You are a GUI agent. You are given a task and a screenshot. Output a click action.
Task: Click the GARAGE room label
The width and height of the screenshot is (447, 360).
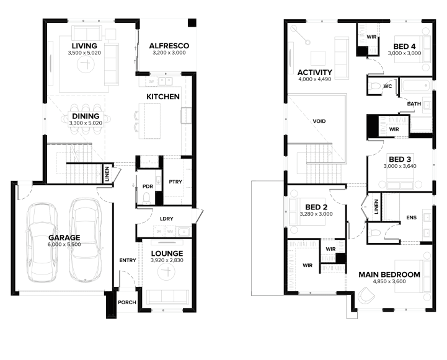click(x=64, y=237)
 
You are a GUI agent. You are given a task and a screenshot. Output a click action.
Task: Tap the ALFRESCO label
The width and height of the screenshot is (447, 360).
click(x=169, y=46)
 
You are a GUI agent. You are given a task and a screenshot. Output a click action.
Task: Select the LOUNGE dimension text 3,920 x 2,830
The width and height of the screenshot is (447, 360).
click(x=167, y=260)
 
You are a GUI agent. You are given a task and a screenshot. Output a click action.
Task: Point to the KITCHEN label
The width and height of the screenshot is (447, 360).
click(x=163, y=97)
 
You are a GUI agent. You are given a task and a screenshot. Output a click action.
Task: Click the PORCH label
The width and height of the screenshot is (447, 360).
click(x=127, y=302)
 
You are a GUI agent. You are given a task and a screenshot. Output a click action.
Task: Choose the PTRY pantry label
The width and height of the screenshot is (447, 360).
click(x=175, y=182)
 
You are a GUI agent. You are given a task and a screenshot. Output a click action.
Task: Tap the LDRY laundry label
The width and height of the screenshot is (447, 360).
click(x=167, y=219)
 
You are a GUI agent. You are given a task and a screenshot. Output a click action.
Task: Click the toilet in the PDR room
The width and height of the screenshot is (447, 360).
click(x=146, y=198)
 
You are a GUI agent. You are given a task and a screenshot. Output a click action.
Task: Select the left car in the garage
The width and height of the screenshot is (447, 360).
click(x=42, y=242)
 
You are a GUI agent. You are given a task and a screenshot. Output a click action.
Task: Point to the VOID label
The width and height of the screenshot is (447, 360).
click(x=319, y=121)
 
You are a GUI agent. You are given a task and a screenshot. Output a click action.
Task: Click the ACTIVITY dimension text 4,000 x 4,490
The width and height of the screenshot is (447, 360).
click(x=315, y=79)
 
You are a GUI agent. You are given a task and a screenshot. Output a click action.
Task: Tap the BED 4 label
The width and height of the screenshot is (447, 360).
click(x=404, y=46)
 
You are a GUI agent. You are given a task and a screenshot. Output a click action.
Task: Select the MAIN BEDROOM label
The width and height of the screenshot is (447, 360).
click(x=389, y=274)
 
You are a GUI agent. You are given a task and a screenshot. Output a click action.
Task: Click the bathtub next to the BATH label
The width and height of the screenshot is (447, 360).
click(x=416, y=85)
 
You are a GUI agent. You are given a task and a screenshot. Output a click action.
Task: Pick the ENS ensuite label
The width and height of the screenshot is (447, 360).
click(x=412, y=217)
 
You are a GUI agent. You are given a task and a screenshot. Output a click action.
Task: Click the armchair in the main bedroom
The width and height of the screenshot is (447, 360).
click(x=366, y=296)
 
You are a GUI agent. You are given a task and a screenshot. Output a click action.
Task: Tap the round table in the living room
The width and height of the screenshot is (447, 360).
click(x=86, y=64)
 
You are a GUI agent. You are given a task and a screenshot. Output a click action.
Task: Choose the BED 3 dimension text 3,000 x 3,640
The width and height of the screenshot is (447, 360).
click(x=400, y=166)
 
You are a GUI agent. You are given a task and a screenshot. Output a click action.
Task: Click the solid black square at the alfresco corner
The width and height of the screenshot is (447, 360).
click(x=192, y=23)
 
